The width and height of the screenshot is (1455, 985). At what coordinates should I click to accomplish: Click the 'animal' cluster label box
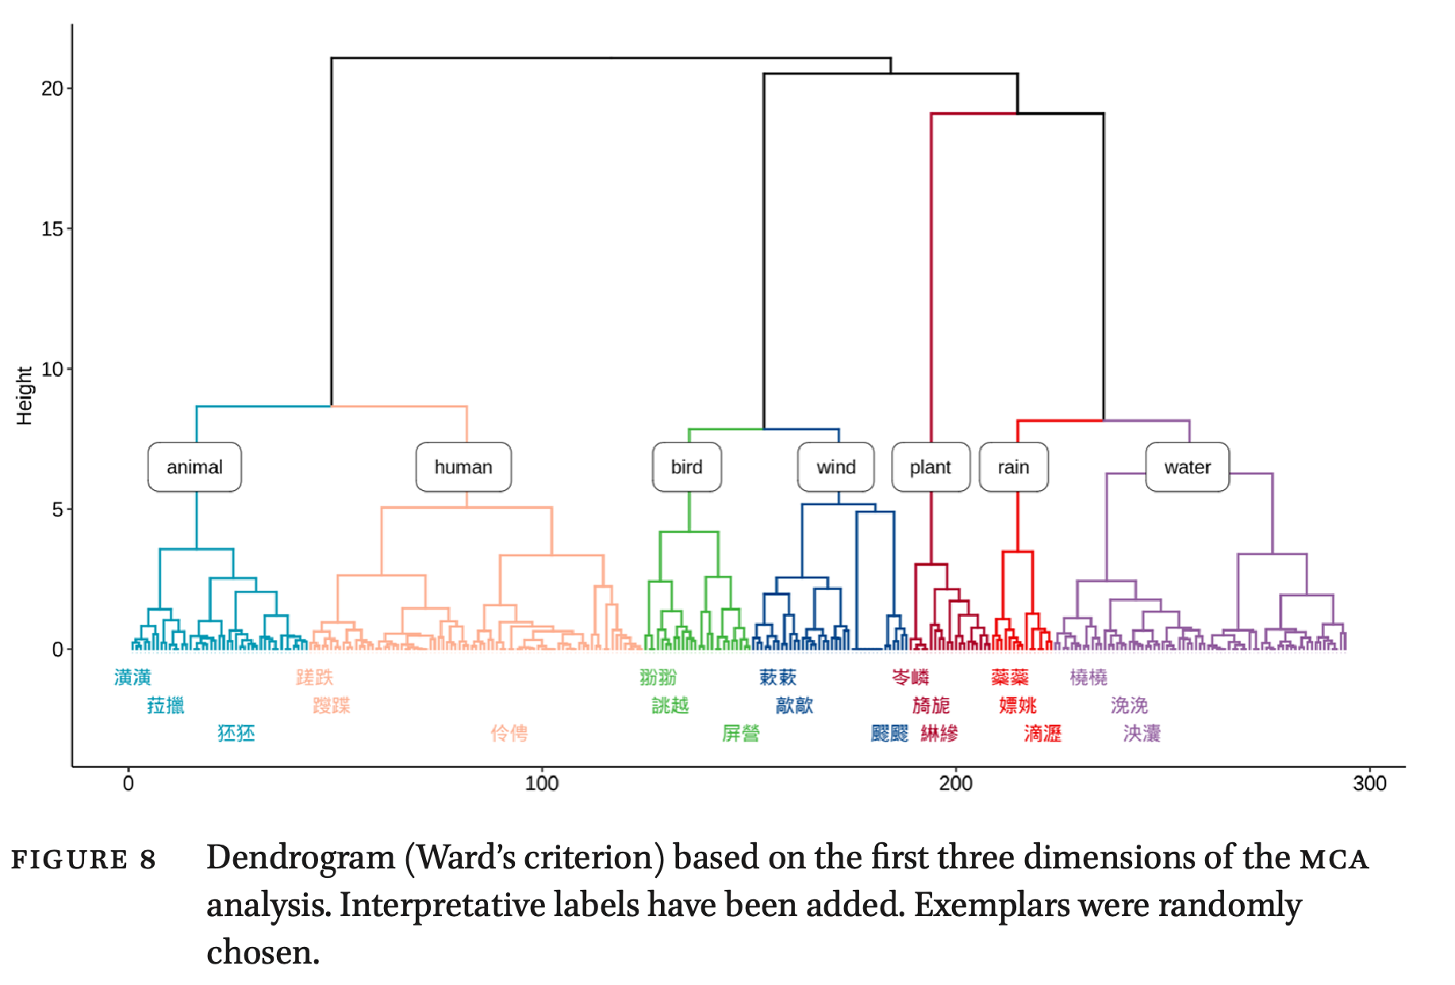pos(194,467)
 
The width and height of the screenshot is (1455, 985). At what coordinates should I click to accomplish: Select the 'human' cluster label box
pos(463,467)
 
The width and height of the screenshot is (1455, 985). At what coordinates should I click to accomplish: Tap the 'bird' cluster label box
pos(686,467)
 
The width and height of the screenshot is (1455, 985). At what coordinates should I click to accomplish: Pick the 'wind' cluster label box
pos(835,467)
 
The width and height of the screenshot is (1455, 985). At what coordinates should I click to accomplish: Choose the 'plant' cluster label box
pos(930,467)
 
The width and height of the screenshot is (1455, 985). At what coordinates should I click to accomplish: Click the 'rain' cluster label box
pos(1013,467)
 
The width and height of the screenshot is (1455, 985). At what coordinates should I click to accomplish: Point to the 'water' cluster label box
pos(1187,467)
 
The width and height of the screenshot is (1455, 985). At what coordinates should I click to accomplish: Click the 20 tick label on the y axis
pos(52,89)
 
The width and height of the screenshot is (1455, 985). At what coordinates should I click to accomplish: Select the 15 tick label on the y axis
pos(52,229)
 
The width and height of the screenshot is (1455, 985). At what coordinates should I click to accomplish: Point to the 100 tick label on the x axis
pos(542,784)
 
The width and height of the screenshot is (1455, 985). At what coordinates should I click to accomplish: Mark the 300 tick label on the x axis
pos(1369,784)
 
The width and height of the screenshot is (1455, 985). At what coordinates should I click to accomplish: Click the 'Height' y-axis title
pos(25,396)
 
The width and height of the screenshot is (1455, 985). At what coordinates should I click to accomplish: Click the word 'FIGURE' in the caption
pos(69,860)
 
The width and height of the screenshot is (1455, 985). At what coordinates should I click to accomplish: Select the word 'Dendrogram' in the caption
pos(301,858)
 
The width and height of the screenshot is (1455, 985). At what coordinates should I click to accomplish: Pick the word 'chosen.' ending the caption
pos(263,952)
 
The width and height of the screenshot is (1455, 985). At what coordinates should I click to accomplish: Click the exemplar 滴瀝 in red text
pos(1042,734)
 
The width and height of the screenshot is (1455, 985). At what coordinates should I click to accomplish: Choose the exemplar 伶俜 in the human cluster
pos(509,734)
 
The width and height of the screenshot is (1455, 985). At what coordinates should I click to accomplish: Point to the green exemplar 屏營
pos(740,734)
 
